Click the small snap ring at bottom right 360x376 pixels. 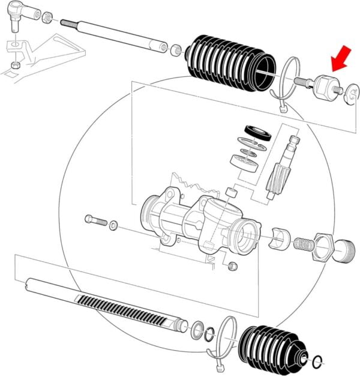[x=319, y=361]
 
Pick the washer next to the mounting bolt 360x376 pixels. [x=115, y=225]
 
